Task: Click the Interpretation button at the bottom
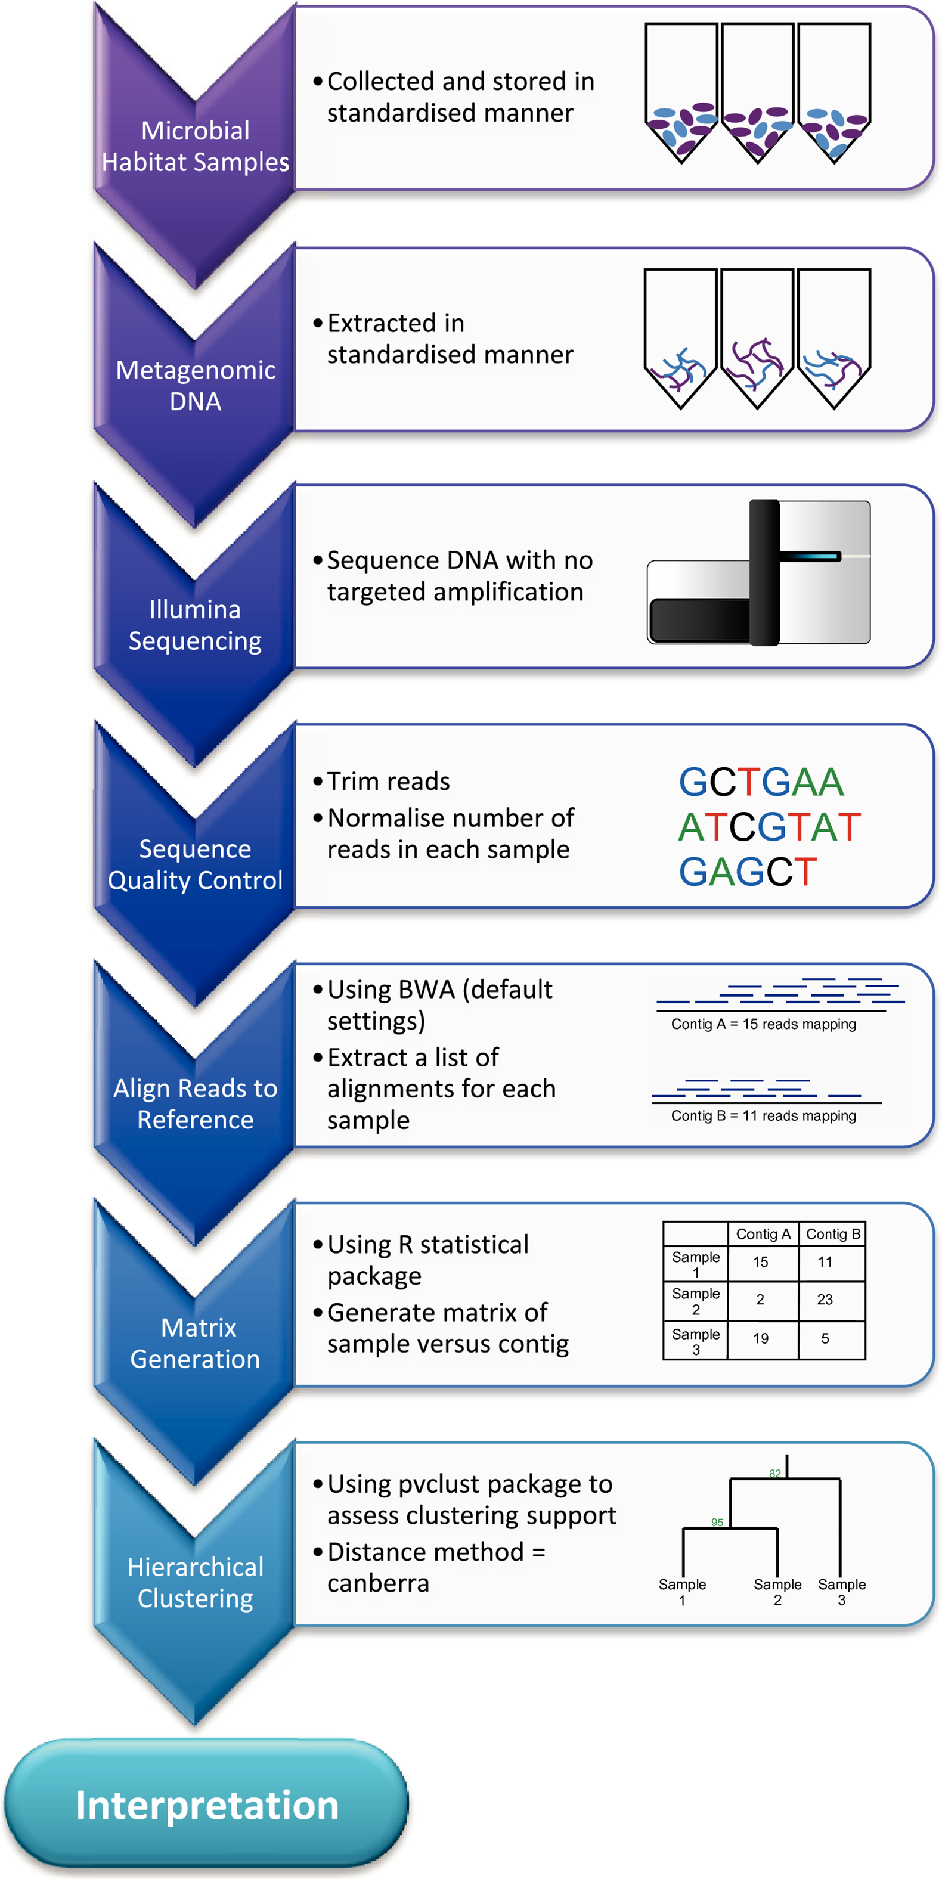point(206,1805)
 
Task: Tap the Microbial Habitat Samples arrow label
point(196,146)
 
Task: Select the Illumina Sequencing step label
point(195,625)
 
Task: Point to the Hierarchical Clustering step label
point(195,1583)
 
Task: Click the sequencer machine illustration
point(759,573)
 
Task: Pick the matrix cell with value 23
point(825,1300)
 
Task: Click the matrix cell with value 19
point(760,1338)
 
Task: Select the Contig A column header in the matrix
point(763,1233)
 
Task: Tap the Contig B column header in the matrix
point(832,1233)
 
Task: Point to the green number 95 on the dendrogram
point(717,1523)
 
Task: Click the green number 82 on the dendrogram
point(775,1474)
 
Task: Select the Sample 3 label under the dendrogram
point(841,1592)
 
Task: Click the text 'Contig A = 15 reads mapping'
point(763,1024)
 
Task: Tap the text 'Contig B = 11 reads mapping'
point(763,1115)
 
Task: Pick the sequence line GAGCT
point(748,872)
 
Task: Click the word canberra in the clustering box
point(378,1583)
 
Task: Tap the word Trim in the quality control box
point(357,781)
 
